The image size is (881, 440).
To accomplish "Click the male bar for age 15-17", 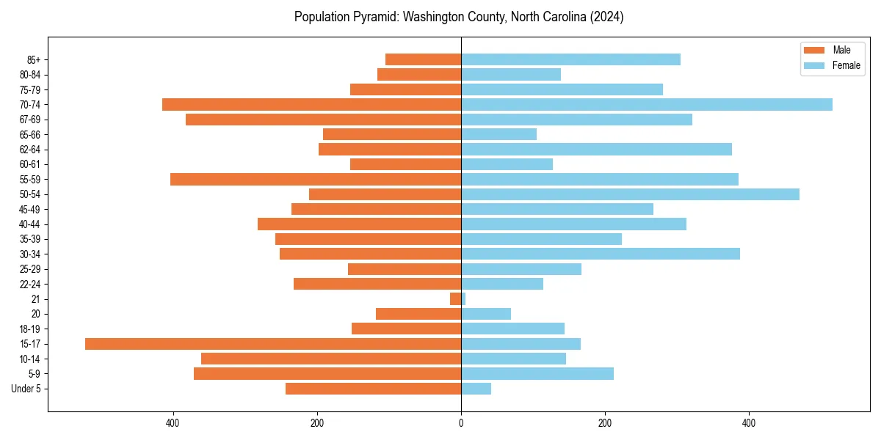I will [x=273, y=344].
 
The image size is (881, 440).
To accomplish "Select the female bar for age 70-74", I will [x=646, y=105].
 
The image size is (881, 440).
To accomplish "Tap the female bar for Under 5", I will [x=476, y=389].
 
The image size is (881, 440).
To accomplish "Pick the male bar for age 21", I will [x=456, y=299].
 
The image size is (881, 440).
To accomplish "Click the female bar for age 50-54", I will [x=630, y=194].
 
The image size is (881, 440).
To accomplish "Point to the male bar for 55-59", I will [x=316, y=180].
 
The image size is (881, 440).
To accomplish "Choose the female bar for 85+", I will [x=570, y=59].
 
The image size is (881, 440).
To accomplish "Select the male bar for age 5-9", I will [x=327, y=374].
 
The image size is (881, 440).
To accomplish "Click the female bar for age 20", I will [x=486, y=314].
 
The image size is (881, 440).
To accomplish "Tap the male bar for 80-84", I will [x=419, y=75].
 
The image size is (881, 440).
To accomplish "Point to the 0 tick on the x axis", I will [x=461, y=423].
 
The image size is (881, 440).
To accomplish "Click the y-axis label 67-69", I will [x=30, y=120].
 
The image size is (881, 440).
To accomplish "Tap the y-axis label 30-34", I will [x=30, y=254].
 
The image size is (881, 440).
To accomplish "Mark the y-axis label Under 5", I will [x=26, y=389].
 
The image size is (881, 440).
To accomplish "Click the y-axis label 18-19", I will [x=30, y=329].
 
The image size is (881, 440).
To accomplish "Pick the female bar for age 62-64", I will [x=596, y=150].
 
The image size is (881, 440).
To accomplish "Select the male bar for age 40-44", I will [x=359, y=224].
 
